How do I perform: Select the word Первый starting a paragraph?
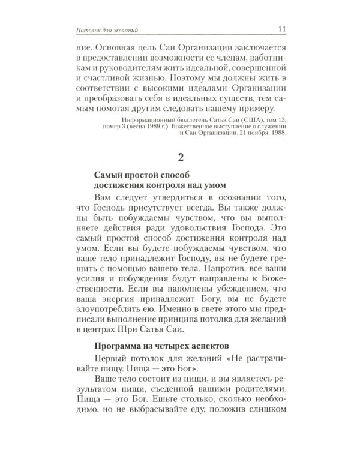(x=113, y=359)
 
